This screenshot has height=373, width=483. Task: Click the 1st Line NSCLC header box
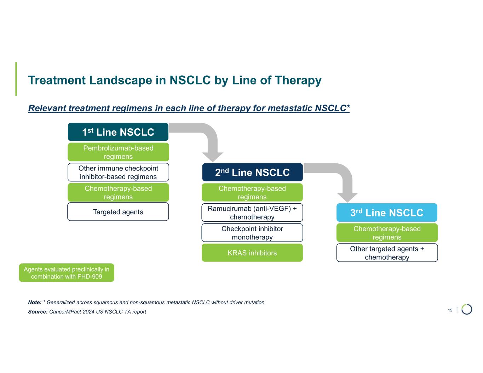118,132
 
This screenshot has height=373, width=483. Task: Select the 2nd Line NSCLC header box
252,172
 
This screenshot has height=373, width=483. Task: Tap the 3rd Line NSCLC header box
387,212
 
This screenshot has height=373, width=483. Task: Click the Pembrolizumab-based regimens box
118,152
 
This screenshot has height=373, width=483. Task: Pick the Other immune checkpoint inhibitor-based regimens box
118,172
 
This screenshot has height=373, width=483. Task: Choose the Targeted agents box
118,212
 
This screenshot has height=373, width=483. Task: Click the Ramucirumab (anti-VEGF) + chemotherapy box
252,212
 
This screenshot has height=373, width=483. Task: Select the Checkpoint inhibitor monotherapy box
252,233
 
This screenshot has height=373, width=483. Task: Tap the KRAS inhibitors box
252,253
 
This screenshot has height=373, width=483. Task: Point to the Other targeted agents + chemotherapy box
387,253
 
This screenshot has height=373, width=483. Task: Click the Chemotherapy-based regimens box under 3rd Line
387,233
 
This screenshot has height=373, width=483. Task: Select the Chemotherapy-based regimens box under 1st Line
118,192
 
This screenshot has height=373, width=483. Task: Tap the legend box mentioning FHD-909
67,273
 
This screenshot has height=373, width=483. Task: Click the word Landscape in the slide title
120,80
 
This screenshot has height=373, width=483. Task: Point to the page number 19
450,310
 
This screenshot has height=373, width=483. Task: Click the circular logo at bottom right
467,309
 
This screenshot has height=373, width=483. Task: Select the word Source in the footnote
38,311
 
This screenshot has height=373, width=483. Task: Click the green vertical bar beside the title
16,79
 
